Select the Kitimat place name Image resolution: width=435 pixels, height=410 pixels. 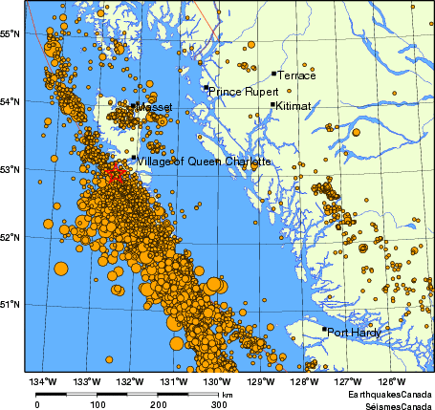(x=293, y=106)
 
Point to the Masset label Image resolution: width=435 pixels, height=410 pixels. (x=155, y=108)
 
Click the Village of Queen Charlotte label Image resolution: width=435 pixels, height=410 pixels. (x=204, y=162)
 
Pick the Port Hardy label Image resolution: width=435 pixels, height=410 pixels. (x=354, y=333)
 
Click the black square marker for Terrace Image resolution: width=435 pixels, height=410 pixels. (x=273, y=73)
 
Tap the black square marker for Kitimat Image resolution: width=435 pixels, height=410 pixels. (x=273, y=105)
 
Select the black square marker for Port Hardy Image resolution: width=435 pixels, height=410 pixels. (x=324, y=330)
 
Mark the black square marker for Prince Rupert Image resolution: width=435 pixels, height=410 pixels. (x=206, y=88)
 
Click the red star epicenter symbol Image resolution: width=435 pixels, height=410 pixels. (x=115, y=173)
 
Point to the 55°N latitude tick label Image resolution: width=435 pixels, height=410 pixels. (x=11, y=33)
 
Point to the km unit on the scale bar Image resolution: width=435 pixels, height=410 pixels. (x=228, y=393)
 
